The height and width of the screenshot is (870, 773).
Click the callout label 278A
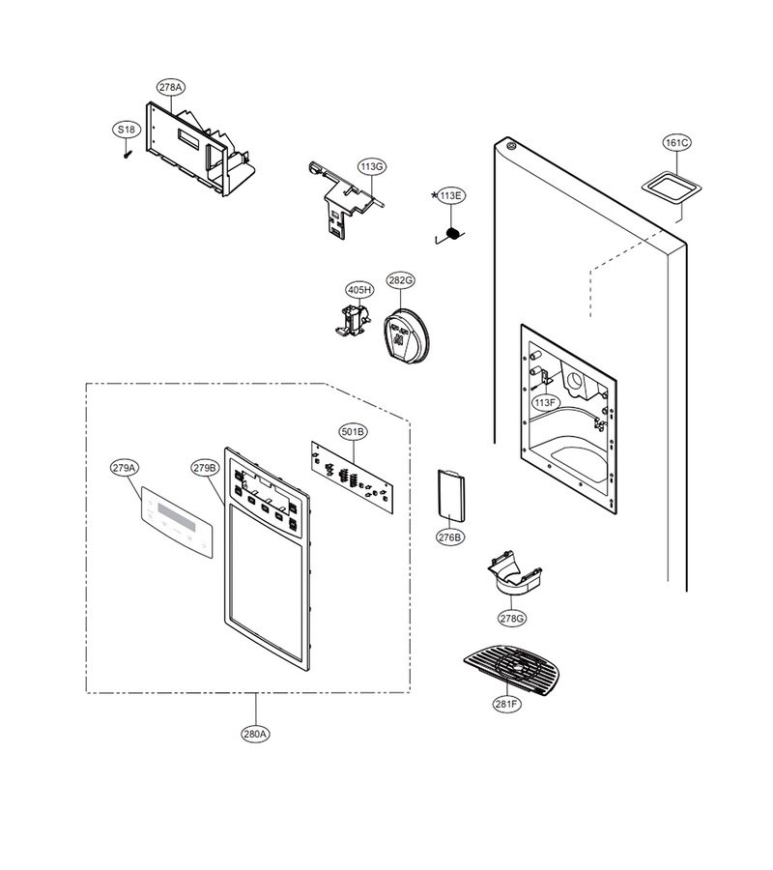[171, 87]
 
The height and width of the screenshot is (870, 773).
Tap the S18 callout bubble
[127, 130]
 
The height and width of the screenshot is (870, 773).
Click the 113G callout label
[372, 166]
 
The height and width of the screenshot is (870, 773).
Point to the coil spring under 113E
[453, 234]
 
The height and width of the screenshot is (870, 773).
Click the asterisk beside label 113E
[434, 194]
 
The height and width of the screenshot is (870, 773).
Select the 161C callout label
[677, 143]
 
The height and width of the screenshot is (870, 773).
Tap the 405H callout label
[359, 290]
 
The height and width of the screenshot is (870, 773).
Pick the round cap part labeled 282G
[407, 337]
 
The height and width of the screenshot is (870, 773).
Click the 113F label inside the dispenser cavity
[545, 403]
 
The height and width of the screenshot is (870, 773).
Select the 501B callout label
[354, 432]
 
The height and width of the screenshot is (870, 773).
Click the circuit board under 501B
[352, 478]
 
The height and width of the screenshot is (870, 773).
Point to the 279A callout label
[125, 468]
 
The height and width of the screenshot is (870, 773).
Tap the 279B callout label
[205, 468]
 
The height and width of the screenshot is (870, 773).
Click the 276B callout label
[449, 537]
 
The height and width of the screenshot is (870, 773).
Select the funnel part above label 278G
[514, 575]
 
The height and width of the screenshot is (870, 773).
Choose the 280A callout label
[256, 734]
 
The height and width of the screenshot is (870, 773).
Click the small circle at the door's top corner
[511, 147]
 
